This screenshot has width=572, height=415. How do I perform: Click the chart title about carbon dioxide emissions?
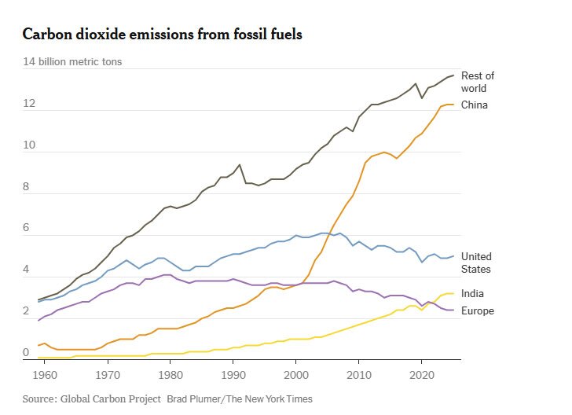163,35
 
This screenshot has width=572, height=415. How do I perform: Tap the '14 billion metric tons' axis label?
72,61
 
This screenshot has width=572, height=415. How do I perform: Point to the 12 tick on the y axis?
29,104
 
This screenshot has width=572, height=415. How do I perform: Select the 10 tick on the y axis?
29,145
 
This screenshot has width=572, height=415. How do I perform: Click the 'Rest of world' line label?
478,82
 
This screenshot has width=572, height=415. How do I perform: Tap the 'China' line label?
474,105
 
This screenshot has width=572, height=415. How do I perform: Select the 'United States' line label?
476,263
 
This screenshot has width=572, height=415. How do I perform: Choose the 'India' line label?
472,294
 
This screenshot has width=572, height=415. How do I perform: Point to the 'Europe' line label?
477,311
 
